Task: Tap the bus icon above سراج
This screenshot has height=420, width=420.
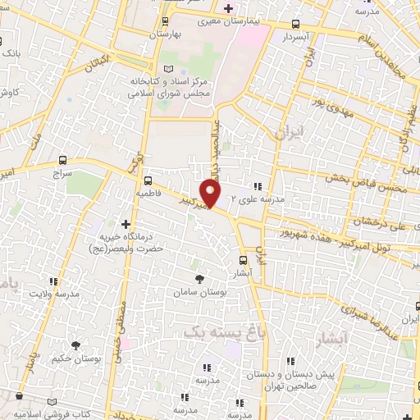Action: [63, 161]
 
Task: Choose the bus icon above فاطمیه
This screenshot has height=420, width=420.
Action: [148, 180]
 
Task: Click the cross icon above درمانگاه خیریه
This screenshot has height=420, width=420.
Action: [125, 223]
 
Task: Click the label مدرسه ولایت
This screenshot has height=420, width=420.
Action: [55, 293]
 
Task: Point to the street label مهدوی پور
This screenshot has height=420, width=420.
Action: [318, 106]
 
